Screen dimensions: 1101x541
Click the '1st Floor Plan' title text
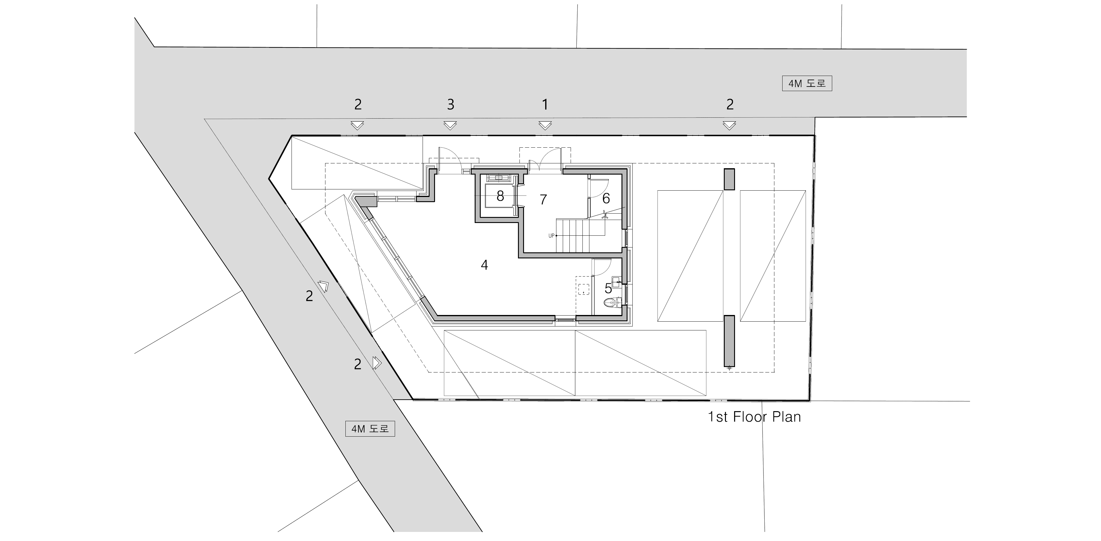point(754,417)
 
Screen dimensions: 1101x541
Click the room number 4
point(484,265)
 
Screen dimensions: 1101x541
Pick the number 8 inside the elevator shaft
point(500,196)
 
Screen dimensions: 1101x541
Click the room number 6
point(606,198)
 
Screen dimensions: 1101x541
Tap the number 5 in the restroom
point(608,288)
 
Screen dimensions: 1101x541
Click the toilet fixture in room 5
point(612,303)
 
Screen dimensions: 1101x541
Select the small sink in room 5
point(616,282)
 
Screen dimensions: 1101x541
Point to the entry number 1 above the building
point(545,104)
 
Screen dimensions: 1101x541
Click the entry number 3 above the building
point(450,104)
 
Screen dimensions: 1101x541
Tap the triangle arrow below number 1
point(545,125)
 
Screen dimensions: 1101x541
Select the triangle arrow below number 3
point(450,125)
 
